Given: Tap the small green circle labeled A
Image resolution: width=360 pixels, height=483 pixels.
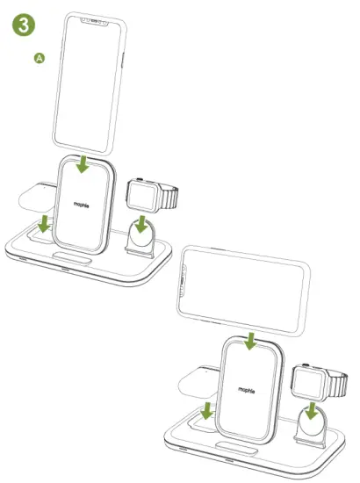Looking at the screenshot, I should [39, 58].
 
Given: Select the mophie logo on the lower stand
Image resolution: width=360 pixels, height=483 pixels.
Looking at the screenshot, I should [248, 387].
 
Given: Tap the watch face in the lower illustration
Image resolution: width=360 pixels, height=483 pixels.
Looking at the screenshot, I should [306, 380].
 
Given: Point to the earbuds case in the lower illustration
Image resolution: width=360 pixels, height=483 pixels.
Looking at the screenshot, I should [197, 380].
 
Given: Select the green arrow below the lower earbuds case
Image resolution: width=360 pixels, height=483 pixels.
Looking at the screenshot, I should [208, 410].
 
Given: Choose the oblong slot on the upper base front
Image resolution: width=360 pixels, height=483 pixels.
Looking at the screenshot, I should [75, 261].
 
